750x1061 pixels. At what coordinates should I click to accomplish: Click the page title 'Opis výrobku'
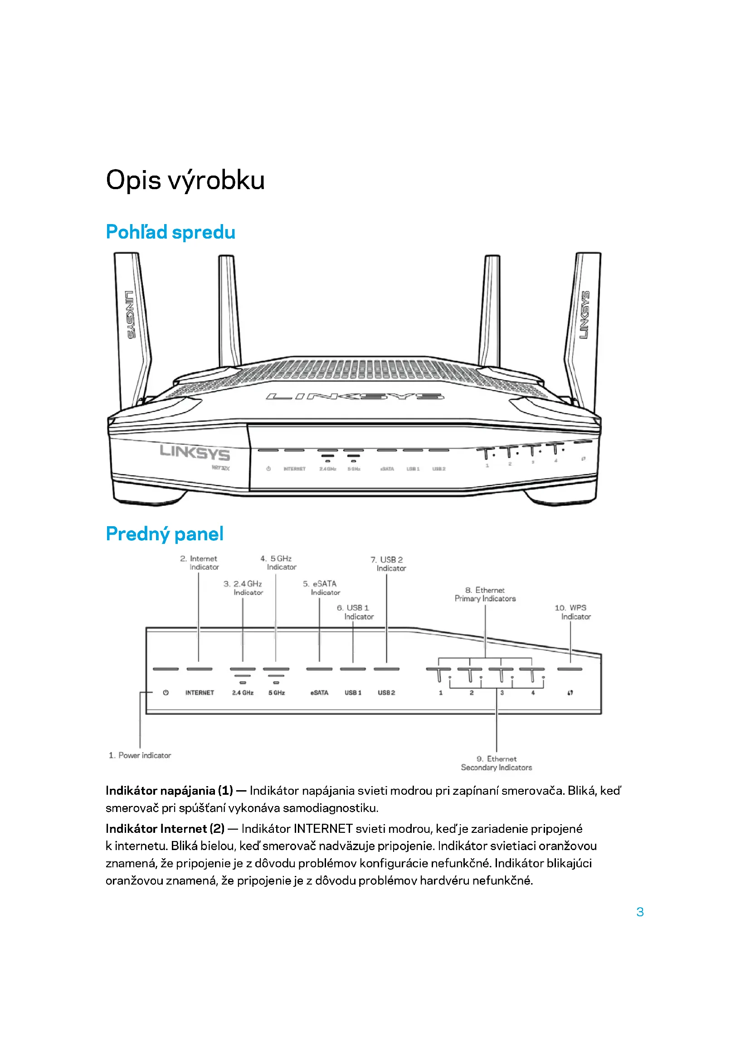185,180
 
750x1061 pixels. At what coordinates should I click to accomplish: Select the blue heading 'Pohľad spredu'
170,232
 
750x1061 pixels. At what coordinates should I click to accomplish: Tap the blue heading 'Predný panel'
165,534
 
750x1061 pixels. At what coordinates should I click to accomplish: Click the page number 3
640,912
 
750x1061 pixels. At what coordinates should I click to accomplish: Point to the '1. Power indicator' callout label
140,756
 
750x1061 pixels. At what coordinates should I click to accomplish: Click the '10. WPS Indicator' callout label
572,612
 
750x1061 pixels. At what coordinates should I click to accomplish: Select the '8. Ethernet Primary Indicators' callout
485,594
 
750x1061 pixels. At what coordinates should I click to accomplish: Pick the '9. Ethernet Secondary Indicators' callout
496,763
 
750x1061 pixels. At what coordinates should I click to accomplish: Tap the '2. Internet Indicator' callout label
200,563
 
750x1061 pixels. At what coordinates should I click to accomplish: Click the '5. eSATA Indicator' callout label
321,588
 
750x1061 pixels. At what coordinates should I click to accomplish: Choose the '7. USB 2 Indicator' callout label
388,564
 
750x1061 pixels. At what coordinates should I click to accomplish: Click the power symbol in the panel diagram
166,693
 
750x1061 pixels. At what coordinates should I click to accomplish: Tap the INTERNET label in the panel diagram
200,693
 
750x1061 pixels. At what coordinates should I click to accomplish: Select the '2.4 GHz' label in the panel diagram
243,693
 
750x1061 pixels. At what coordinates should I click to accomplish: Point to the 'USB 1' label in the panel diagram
353,693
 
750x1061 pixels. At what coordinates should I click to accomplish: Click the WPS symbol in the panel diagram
570,693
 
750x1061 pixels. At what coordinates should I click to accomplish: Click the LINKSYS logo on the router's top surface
355,396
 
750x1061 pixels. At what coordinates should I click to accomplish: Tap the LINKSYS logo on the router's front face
195,452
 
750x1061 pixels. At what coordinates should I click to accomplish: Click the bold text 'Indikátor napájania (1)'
169,791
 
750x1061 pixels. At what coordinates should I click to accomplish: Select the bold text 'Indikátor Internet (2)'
165,829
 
